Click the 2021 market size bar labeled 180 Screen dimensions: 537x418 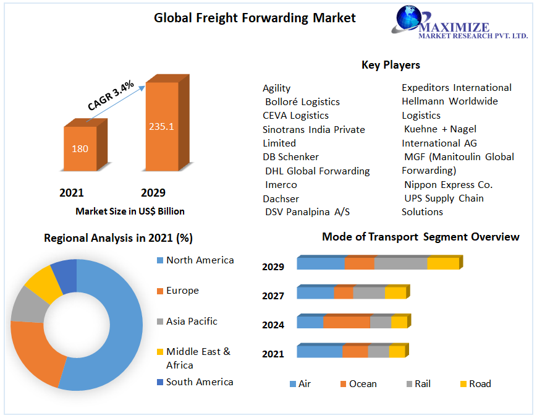(85, 145)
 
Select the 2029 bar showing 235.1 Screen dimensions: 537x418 (167, 122)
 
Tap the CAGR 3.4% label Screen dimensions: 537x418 (111, 96)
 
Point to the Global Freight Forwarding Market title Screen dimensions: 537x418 (255, 18)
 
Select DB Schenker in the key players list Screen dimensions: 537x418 (290, 157)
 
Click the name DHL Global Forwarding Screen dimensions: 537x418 (318, 171)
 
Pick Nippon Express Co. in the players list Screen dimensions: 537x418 (448, 185)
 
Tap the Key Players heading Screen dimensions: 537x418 (391, 65)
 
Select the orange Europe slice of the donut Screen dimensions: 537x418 (36, 353)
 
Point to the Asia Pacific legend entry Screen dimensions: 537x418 (187, 322)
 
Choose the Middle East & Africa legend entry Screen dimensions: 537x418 (194, 358)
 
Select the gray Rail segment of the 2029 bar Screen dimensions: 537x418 (400, 263)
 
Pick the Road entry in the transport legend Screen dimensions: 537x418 (476, 384)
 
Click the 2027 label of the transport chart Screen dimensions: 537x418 (273, 296)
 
